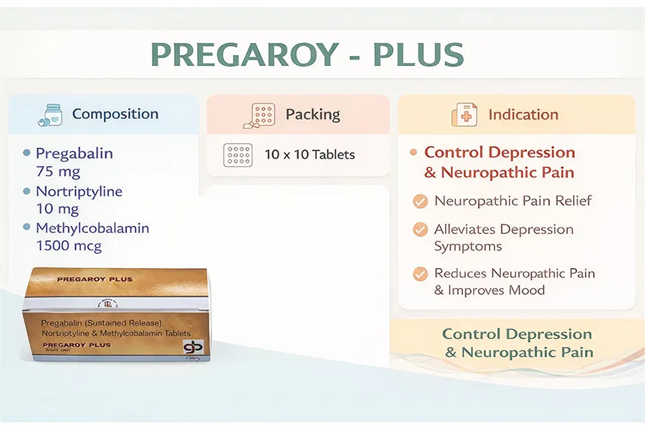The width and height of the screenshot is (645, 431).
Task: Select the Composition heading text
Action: click(x=115, y=114)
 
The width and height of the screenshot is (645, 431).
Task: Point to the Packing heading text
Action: click(x=312, y=114)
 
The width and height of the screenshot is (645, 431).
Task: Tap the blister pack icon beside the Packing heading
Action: click(x=262, y=115)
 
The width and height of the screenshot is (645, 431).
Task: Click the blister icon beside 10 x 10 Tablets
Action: click(x=237, y=154)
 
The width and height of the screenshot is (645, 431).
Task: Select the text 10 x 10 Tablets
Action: click(x=310, y=154)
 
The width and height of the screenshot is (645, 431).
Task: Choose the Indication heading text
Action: click(x=523, y=115)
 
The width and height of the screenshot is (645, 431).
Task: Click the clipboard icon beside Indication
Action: click(x=464, y=115)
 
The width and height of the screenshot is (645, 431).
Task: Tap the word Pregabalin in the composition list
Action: click(x=75, y=153)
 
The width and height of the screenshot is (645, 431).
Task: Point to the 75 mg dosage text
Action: click(x=58, y=171)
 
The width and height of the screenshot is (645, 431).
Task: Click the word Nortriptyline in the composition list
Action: click(x=79, y=191)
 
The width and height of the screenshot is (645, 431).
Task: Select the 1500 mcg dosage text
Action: click(x=69, y=246)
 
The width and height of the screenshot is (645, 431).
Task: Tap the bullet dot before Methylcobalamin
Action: click(x=27, y=227)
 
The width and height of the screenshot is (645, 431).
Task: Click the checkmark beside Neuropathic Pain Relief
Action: click(x=421, y=202)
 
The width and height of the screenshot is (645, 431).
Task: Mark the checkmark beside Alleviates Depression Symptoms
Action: click(x=421, y=230)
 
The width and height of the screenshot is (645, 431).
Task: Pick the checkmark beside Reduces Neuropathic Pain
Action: click(x=421, y=274)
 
